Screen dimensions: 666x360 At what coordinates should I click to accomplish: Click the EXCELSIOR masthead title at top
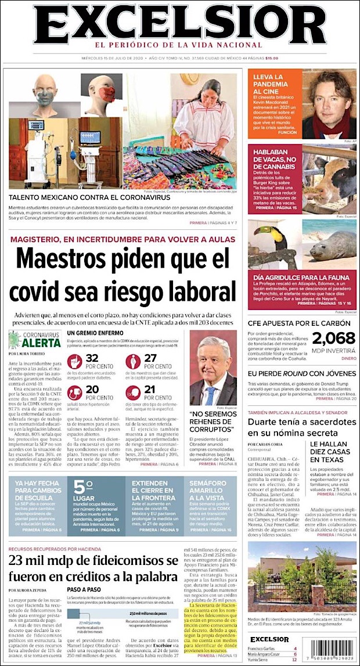[x=179, y=26]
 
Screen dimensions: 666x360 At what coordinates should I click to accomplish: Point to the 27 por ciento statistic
[x=150, y=362]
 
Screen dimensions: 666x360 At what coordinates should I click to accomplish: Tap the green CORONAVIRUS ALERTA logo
[x=34, y=339]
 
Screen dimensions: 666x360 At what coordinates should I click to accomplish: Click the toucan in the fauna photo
[x=275, y=238]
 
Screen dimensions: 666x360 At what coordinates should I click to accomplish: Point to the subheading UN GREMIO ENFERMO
[x=92, y=333]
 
